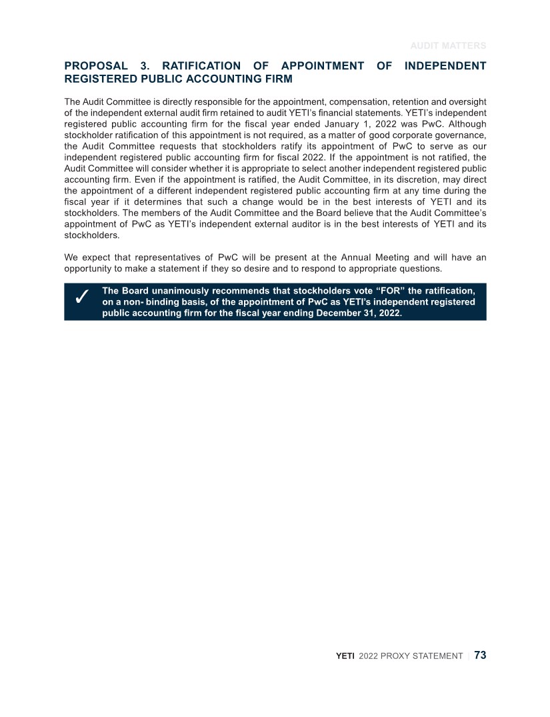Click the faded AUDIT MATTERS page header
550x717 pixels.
[447, 46]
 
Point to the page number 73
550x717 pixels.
[480, 656]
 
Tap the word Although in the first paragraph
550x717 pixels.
[465, 124]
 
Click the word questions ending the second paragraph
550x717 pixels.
[419, 269]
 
